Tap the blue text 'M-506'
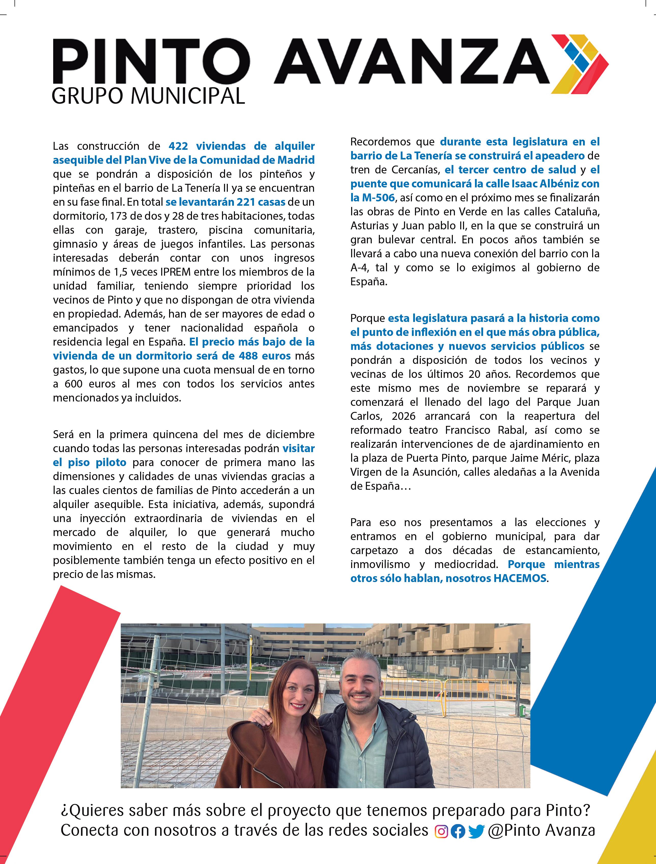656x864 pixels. click(378, 198)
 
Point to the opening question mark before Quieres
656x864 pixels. click(64, 811)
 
